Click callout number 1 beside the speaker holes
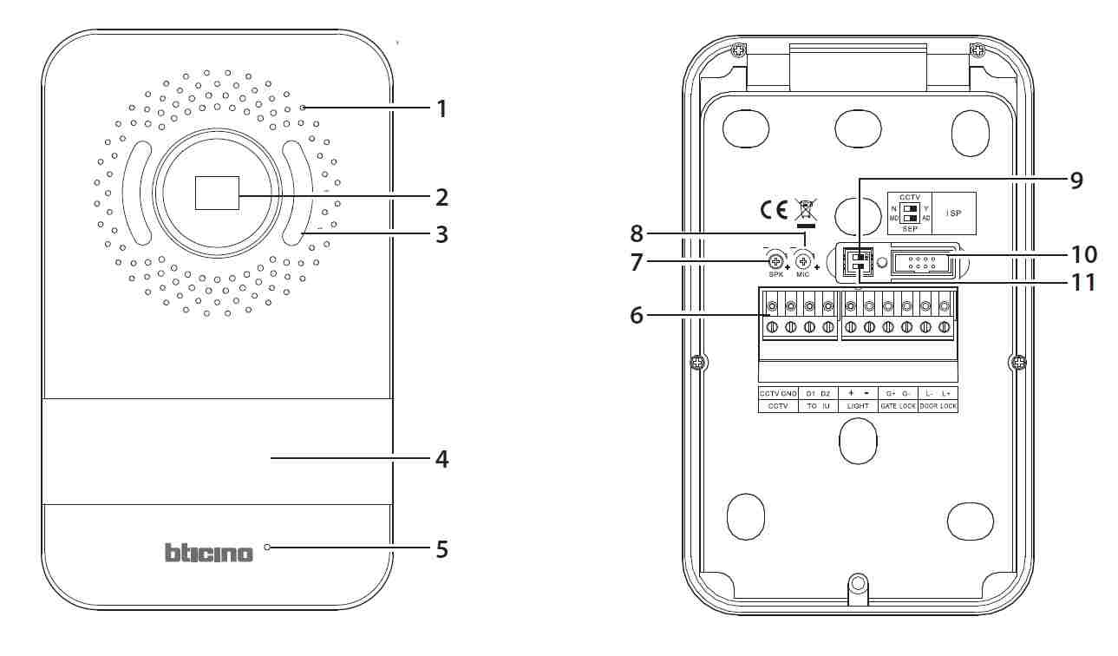[441, 109]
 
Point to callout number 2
[441, 197]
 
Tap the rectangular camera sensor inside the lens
[217, 192]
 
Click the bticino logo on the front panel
[209, 553]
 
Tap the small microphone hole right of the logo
[268, 548]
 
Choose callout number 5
[441, 549]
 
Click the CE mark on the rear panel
[774, 209]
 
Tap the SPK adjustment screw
[776, 259]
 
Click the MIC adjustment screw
[804, 259]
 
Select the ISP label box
[954, 213]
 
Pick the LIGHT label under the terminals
[858, 405]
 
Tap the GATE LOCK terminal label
[898, 405]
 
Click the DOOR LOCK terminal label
[938, 405]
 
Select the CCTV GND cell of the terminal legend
[778, 393]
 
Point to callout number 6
[637, 316]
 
